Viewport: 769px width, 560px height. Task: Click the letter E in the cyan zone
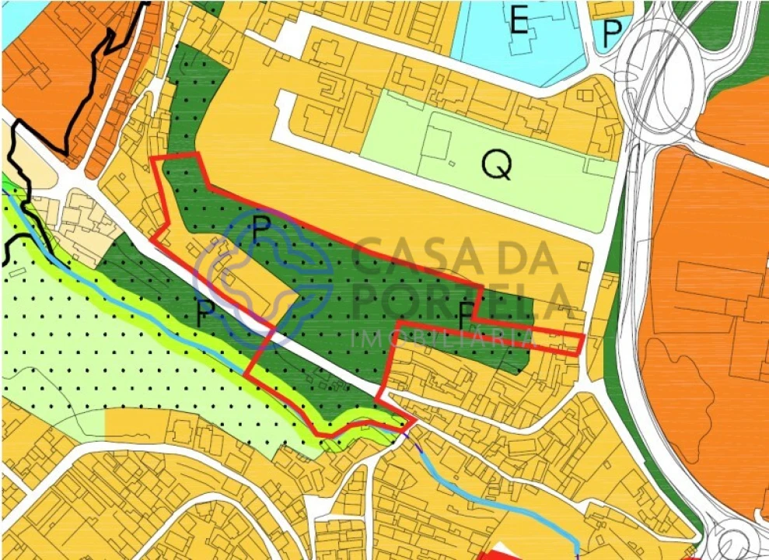[x=519, y=22]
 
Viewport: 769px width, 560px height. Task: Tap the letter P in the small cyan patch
[x=613, y=33]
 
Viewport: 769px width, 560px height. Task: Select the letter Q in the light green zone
[x=497, y=164]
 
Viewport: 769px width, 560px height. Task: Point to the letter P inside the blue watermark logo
[x=262, y=229]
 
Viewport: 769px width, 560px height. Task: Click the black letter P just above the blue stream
[x=205, y=313]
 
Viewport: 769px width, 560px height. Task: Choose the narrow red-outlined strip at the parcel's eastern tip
[x=556, y=341]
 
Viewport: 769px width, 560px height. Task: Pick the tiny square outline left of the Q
[x=453, y=163]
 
